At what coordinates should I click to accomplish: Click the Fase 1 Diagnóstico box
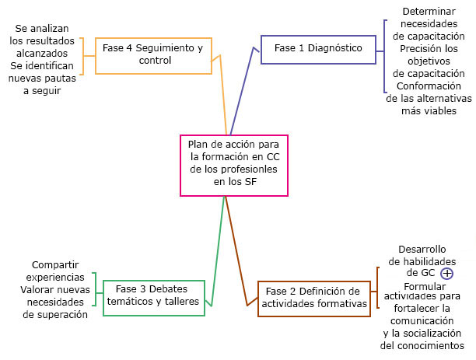318,48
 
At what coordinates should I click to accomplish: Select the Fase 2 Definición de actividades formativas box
313,298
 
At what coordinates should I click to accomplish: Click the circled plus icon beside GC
446,274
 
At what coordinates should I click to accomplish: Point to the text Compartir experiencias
55,271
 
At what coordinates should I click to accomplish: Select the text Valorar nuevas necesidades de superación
55,302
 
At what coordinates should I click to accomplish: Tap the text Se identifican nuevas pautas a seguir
42,78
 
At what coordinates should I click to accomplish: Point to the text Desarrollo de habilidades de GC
422,261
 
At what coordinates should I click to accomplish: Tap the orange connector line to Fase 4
223,93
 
